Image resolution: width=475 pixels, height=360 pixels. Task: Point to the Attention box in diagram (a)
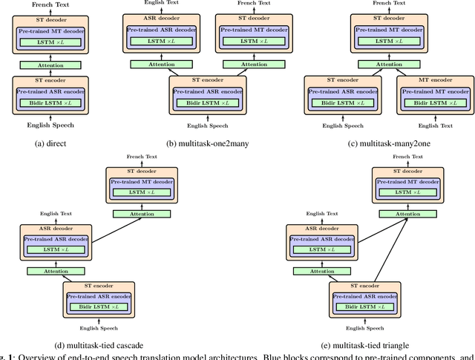point(50,65)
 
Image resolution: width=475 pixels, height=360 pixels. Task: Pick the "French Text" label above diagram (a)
point(50,4)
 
